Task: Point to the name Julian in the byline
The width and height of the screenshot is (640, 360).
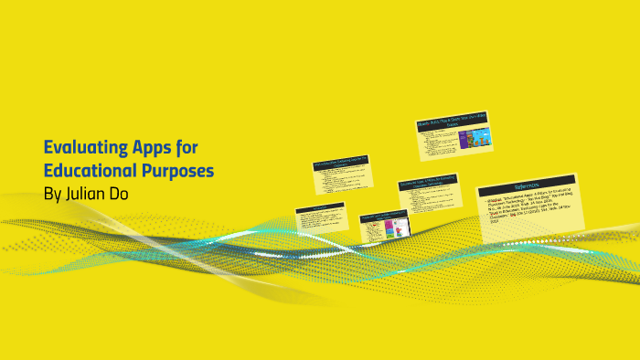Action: (90, 195)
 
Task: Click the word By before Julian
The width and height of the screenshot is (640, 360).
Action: (54, 195)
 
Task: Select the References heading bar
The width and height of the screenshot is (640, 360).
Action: (527, 182)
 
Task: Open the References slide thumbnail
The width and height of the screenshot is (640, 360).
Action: (527, 208)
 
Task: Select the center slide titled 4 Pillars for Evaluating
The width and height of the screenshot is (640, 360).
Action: (428, 197)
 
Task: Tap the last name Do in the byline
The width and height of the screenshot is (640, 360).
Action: (121, 195)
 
